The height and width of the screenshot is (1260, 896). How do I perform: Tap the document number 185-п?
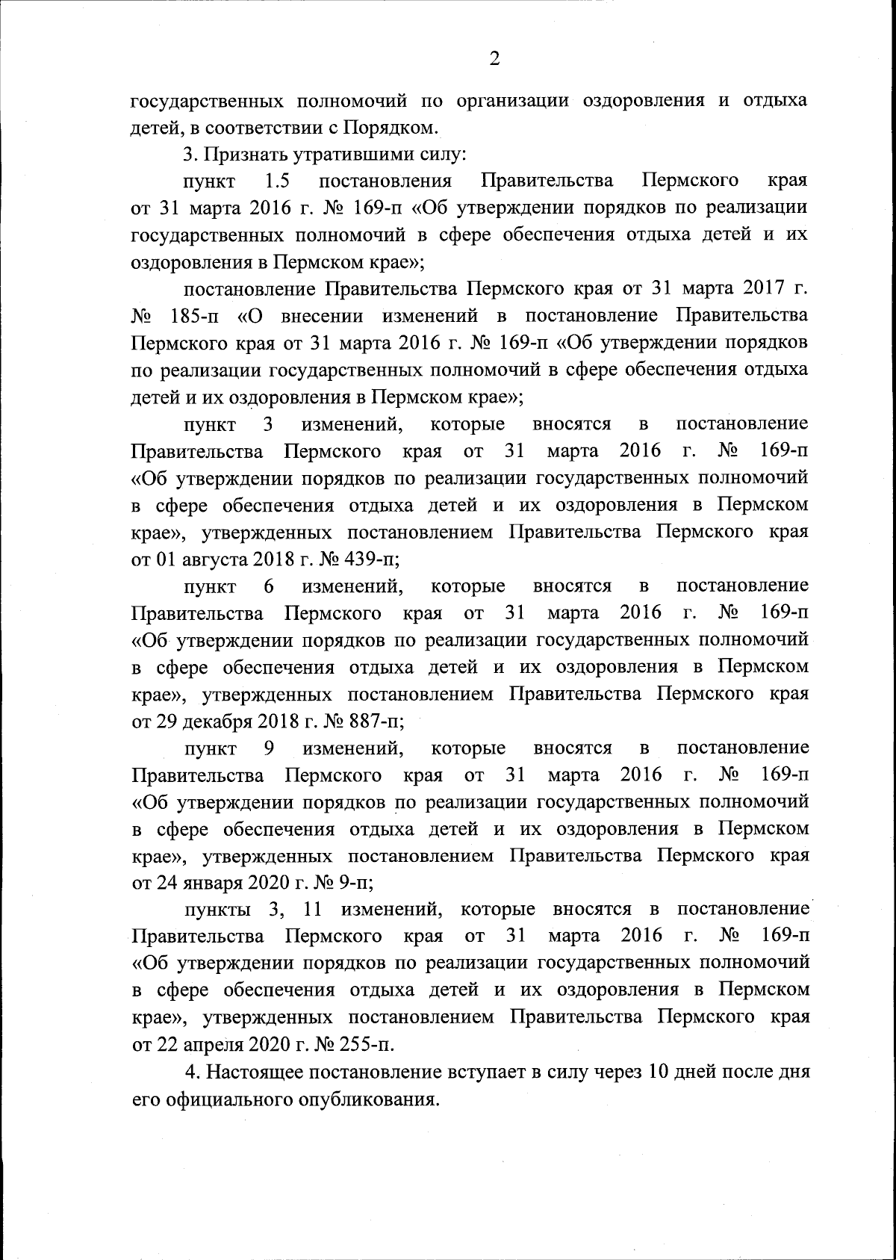193,316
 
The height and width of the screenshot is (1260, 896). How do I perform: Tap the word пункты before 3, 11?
219,910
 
